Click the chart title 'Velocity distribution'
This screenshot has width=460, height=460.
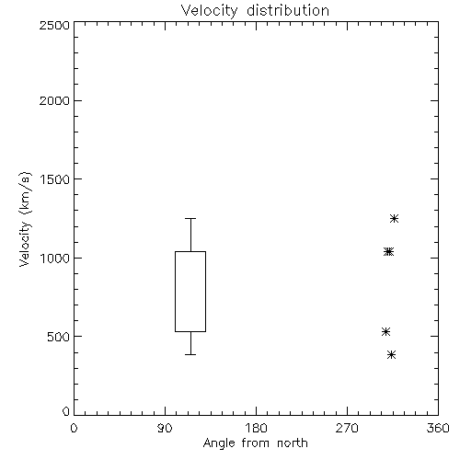point(255,11)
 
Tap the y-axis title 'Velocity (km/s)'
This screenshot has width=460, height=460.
point(25,219)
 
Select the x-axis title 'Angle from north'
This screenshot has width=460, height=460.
point(256,443)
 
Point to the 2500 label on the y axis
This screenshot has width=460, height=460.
point(54,25)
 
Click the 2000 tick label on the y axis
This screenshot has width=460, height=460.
point(54,100)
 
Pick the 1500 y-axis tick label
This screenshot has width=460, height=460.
point(55,179)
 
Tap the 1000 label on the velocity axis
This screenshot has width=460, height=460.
point(55,258)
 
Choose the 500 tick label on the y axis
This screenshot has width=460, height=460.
point(59,337)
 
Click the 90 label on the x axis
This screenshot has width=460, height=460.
point(165,428)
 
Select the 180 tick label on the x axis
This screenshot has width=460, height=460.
point(256,428)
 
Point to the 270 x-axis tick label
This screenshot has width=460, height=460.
point(347,428)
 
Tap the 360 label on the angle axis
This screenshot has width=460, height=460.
point(438,428)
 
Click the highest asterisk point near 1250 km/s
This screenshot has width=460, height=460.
point(394,219)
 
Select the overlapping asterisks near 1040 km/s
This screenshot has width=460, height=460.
point(388,252)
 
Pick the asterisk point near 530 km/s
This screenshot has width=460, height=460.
point(385,331)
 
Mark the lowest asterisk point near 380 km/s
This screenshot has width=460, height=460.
point(391,355)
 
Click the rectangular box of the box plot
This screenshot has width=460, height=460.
point(175,292)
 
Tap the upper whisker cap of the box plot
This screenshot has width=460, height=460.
point(190,218)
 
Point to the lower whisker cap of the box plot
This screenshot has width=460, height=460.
point(190,354)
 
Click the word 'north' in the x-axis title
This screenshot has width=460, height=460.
point(293,443)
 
